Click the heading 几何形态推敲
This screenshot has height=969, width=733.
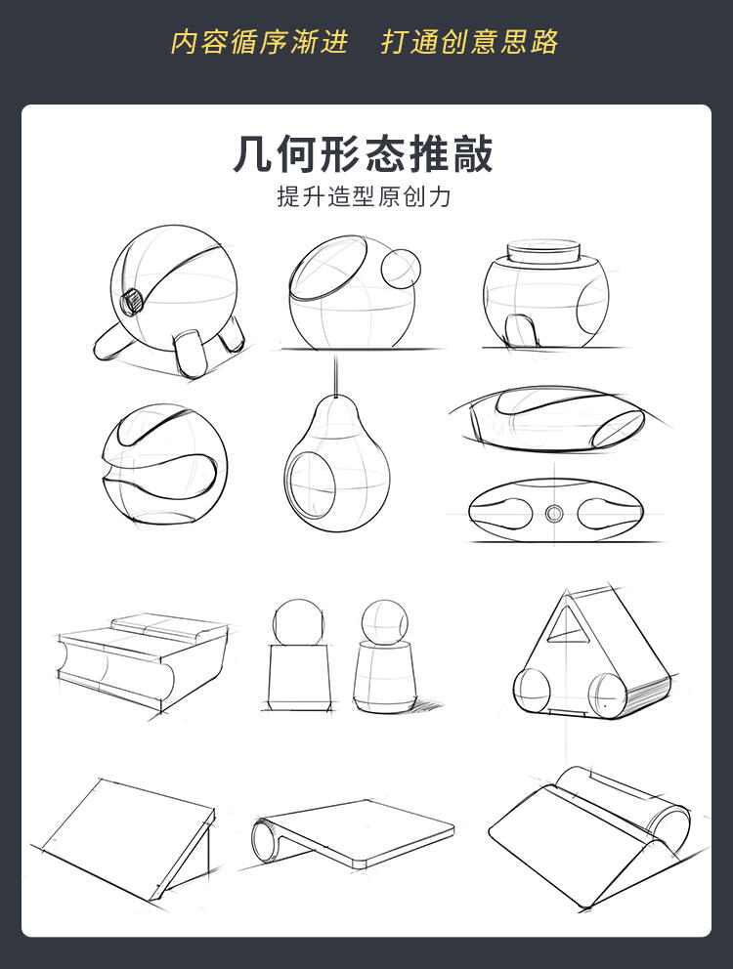364,154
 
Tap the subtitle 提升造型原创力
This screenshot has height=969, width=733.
364,196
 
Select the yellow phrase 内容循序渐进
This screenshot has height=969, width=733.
259,42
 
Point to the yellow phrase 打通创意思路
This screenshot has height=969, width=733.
469,42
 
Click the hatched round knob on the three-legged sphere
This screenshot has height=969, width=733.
132,302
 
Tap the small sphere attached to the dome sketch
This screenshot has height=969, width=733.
400,269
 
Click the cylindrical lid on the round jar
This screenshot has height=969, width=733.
543,251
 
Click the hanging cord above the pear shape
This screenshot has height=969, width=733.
336,375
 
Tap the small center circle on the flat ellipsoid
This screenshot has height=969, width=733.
553,513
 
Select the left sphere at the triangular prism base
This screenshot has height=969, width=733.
532,691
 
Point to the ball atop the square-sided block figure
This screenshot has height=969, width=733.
298,622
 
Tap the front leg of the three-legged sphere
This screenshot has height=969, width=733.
190,355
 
